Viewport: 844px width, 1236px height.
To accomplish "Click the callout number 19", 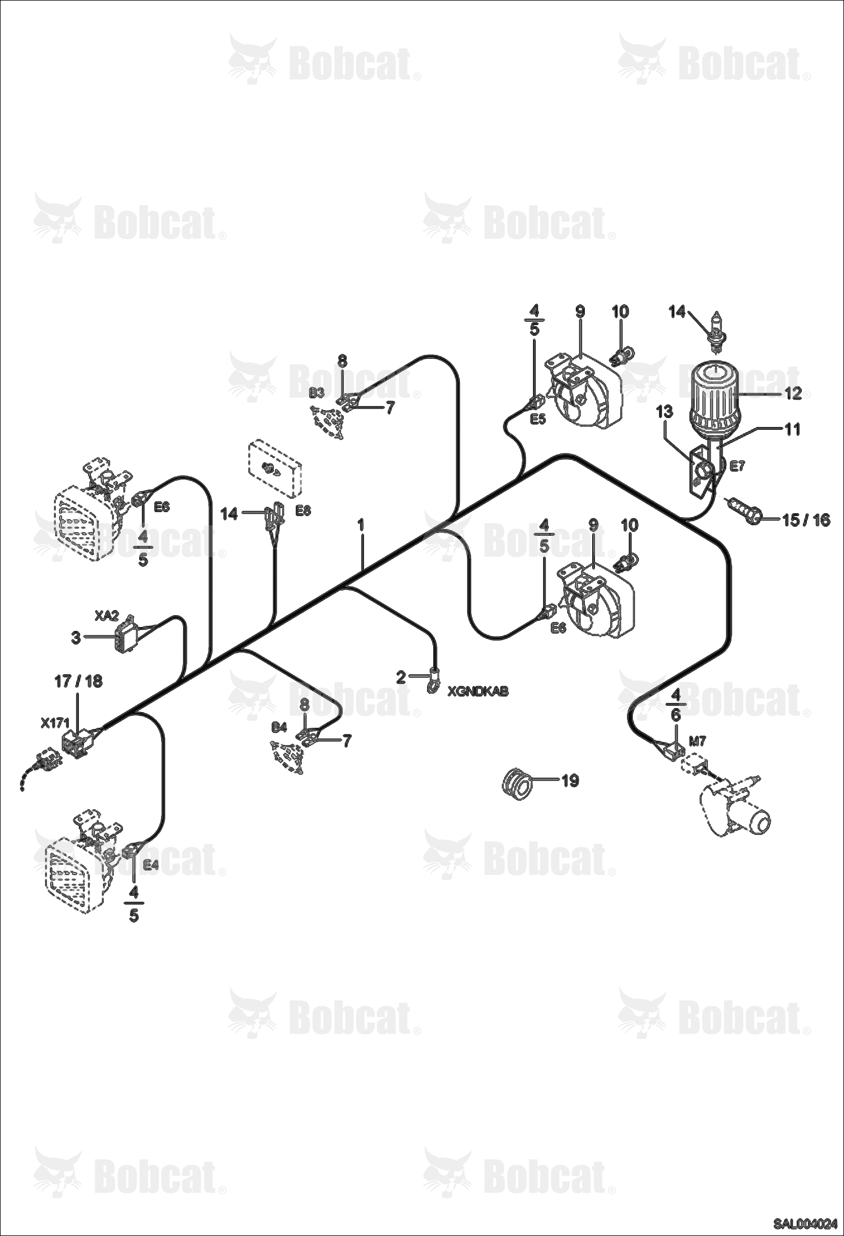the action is (570, 780).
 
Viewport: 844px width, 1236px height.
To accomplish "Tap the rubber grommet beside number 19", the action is (516, 782).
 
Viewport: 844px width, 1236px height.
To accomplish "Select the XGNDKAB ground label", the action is (478, 691).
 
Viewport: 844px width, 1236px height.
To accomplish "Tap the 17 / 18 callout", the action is (78, 681).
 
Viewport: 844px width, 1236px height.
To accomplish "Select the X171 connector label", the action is (54, 722).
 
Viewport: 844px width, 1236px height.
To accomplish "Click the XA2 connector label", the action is (106, 617).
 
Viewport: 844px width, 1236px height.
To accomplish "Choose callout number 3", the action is (75, 638).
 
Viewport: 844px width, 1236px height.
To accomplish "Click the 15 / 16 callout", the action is (806, 519).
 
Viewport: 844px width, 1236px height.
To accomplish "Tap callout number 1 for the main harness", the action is (361, 525).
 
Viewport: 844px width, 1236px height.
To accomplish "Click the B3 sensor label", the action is (317, 393).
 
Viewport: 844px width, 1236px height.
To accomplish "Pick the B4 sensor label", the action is (279, 727).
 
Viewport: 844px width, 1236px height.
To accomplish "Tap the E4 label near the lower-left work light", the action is (150, 865).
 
